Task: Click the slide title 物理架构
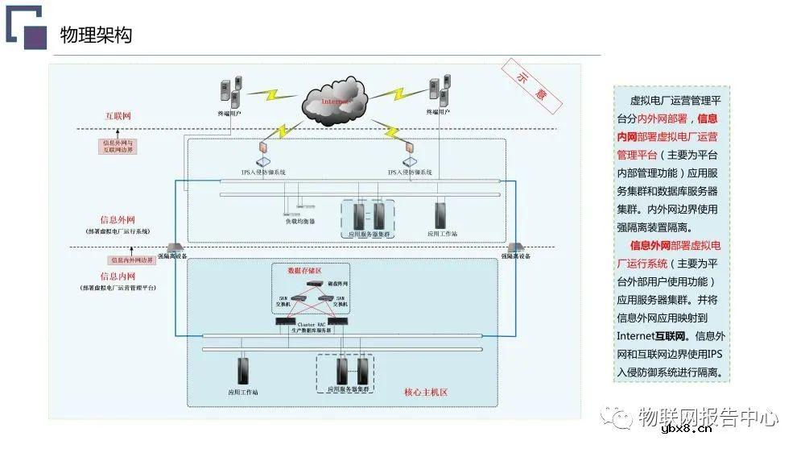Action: coord(96,35)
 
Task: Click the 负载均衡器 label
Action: coord(299,222)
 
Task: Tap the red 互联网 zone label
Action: coord(118,116)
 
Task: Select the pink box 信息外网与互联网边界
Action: coord(118,147)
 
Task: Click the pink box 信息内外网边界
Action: coord(131,260)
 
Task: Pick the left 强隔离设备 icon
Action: coord(172,247)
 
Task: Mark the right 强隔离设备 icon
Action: coord(516,247)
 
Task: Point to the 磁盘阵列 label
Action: coord(337,284)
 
